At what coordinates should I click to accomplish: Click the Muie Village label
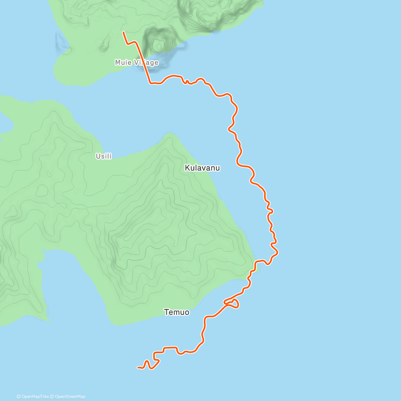[x=137, y=62]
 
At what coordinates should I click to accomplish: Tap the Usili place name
[x=104, y=156]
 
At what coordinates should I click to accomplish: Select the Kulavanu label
[x=203, y=168]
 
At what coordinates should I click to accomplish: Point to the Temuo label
[x=177, y=312]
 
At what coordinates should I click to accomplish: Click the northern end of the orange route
[x=124, y=32]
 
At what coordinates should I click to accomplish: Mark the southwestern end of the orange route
[x=138, y=368]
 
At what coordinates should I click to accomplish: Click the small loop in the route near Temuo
[x=233, y=303]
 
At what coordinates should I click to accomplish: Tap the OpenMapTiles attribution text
[x=35, y=397]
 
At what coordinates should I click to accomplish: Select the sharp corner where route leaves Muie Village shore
[x=150, y=83]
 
